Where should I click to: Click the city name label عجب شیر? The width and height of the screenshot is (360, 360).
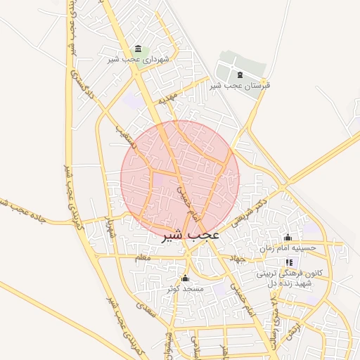pyautogui.click(x=191, y=235)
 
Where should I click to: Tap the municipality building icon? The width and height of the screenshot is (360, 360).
pyautogui.click(x=138, y=49)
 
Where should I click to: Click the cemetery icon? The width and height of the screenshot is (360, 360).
pyautogui.click(x=240, y=75)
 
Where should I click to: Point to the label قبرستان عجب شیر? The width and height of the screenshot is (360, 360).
pyautogui.click(x=240, y=85)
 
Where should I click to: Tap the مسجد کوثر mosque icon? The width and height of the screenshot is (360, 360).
pyautogui.click(x=185, y=278)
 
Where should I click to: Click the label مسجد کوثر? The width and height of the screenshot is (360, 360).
pyautogui.click(x=185, y=289)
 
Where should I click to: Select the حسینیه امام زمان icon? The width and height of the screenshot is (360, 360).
pyautogui.click(x=288, y=237)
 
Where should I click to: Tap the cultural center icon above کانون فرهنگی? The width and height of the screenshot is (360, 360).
pyautogui.click(x=288, y=262)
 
